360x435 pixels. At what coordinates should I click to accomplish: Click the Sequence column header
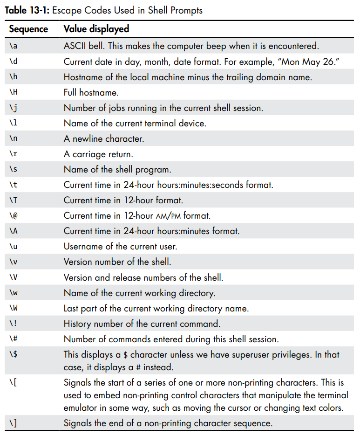(x=28, y=29)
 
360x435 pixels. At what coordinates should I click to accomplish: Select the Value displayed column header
(x=96, y=29)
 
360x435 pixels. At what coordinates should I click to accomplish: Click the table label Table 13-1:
(x=26, y=10)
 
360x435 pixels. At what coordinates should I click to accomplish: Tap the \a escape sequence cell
(x=13, y=46)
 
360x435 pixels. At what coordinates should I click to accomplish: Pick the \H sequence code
(x=13, y=92)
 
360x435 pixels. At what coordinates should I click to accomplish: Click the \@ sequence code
(x=13, y=216)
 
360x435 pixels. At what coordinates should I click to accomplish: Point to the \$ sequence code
(x=13, y=355)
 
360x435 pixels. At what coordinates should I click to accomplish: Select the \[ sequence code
(x=13, y=383)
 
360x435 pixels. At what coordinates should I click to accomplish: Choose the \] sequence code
(x=13, y=423)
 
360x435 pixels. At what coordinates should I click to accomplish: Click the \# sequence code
(x=13, y=339)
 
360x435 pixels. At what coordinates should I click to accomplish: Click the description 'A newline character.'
(x=104, y=139)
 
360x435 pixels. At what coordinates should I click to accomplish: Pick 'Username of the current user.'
(x=120, y=246)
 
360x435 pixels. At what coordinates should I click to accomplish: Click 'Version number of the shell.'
(x=117, y=262)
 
